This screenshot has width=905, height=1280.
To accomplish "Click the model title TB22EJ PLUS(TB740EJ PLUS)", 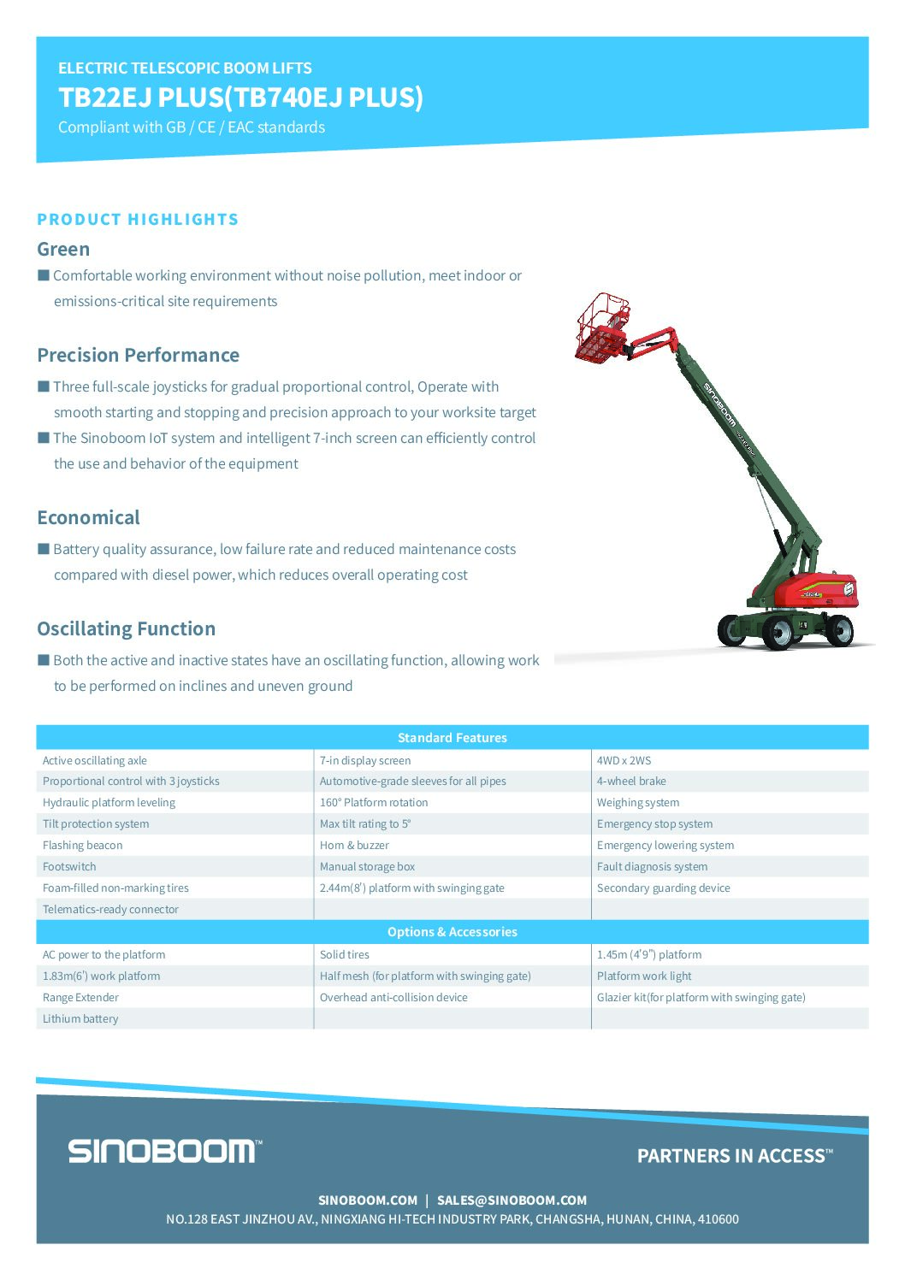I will [x=240, y=97].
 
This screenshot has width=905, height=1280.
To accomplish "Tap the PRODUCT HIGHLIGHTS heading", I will [x=138, y=220].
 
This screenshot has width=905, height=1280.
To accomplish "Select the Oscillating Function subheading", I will [x=126, y=629].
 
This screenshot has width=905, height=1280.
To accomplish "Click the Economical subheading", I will [x=88, y=518].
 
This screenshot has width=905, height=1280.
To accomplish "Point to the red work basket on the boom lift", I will [x=602, y=328].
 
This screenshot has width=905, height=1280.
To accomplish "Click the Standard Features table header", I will [x=452, y=738].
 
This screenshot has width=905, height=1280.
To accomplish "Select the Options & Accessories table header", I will [x=452, y=932].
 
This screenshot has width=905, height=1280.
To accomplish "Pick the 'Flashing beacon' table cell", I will [x=83, y=846].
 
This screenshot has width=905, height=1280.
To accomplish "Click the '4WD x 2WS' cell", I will [x=624, y=761].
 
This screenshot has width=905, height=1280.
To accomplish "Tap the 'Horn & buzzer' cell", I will [x=354, y=846].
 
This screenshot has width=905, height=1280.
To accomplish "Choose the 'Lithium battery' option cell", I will [x=80, y=1019].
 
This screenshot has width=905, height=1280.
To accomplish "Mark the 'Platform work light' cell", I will [x=644, y=976].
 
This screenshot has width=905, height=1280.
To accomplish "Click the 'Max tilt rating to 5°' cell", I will [x=365, y=824].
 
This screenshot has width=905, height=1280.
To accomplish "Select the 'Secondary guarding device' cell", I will [x=663, y=888].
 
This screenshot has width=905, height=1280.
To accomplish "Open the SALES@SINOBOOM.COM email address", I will [x=512, y=1200].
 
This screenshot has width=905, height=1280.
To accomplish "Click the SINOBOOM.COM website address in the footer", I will [x=368, y=1200].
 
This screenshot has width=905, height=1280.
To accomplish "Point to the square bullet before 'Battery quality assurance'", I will [x=44, y=549].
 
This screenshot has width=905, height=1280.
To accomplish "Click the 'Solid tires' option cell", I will [x=345, y=955].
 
